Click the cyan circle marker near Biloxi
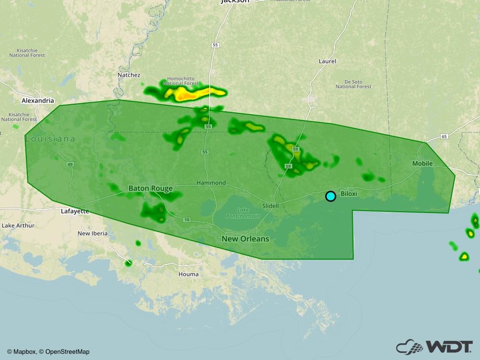pos(330,196)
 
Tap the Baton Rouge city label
pos(150,188)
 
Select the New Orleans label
pos(245,239)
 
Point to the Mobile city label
pos(422,163)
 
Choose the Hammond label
pos(211,183)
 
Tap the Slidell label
pos(271,206)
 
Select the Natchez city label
pos(129,75)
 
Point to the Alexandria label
pos(37,101)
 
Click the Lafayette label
pos(75,211)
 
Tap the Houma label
pos(188,274)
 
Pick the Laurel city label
pos(327,61)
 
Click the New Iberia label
pos(92,233)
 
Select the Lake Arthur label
pos(18,225)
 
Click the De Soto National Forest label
pos(353,84)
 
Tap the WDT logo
pos(434,347)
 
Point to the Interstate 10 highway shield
pos(186,220)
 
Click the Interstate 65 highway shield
pos(444,136)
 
